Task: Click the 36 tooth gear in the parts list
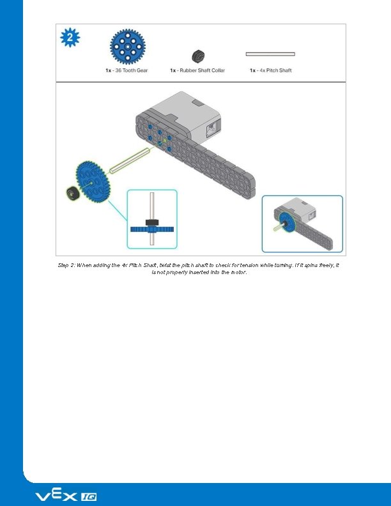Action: (x=127, y=46)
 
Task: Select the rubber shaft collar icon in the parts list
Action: (x=198, y=56)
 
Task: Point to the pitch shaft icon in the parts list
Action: (x=270, y=54)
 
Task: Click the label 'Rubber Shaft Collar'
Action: (x=198, y=70)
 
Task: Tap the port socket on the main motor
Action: (x=210, y=131)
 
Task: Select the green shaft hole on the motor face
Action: (x=164, y=139)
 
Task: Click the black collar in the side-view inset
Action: (x=152, y=222)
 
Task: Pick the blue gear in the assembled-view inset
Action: (x=286, y=223)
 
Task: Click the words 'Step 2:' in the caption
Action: (x=66, y=264)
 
